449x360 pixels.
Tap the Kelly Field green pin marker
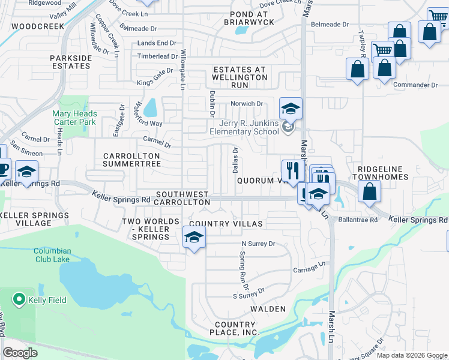[x=19, y=299]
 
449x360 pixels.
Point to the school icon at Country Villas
[x=194, y=239]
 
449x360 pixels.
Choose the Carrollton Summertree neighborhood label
[x=132, y=160]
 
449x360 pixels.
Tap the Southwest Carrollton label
[x=182, y=198]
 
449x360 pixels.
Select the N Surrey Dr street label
[x=258, y=244]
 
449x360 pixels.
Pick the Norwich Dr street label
[x=247, y=104]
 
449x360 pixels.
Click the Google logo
[x=20, y=353]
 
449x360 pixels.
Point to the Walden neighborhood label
[x=268, y=309]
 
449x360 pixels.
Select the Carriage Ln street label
[x=309, y=265]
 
